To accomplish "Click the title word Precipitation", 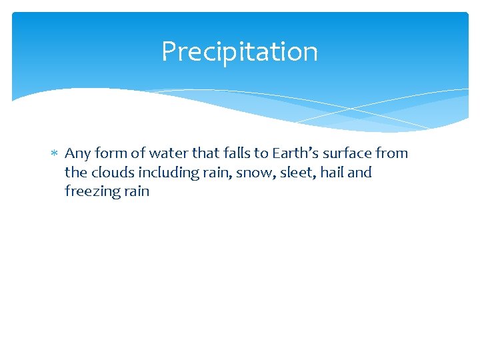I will coord(239,51).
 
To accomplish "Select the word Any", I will coord(77,154).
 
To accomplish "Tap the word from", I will coord(391,153).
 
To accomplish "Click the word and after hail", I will coord(359,173).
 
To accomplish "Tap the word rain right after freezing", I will coord(135,192).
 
